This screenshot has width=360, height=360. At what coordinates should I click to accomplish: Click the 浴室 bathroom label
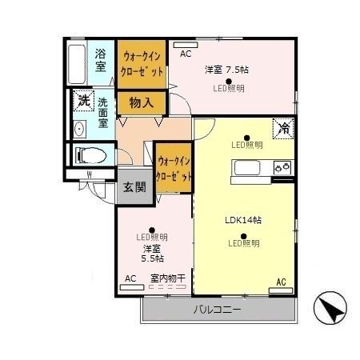point(100,60)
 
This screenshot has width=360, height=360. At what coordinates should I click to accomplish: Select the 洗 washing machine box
point(83,101)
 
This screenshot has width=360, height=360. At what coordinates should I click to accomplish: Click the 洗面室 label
point(104,114)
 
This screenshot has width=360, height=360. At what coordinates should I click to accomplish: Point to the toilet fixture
point(86,154)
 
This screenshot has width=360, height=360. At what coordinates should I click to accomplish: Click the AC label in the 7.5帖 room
point(185,54)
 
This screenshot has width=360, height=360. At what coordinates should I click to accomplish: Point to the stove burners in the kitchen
point(281,167)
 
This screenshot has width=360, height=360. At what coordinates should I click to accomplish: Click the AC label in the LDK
point(281,282)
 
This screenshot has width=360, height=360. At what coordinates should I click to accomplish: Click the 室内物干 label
point(168,278)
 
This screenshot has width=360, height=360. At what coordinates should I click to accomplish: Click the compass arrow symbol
point(331,306)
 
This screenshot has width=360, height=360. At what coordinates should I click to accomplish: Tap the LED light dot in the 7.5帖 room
point(229,81)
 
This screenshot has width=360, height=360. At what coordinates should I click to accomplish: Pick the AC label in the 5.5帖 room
point(130,278)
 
